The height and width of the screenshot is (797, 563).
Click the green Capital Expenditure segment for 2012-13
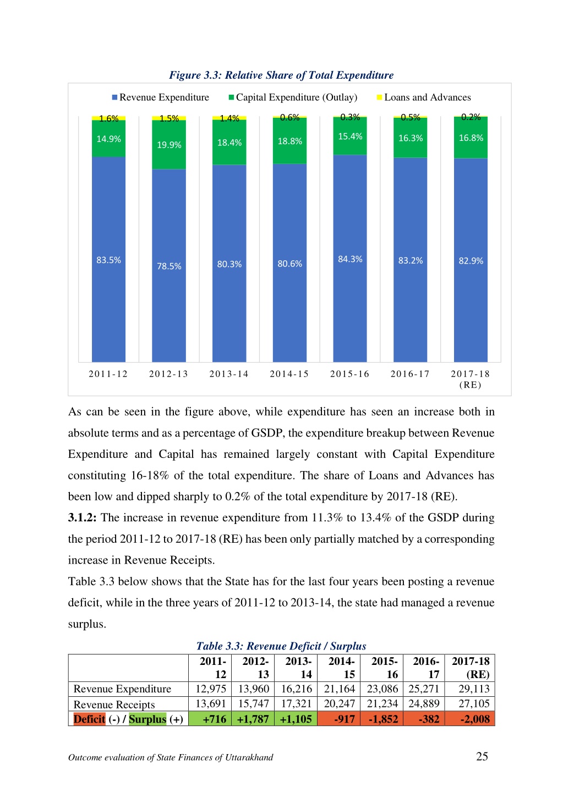tap(168, 144)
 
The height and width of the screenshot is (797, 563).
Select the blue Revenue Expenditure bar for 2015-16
tap(349, 258)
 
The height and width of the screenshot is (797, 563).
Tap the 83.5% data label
tap(108, 260)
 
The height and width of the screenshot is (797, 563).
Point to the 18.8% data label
tap(289, 141)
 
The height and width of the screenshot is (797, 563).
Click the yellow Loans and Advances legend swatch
tap(380, 97)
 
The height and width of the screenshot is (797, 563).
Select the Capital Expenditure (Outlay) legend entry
tap(293, 97)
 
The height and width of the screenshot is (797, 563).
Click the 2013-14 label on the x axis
tap(229, 374)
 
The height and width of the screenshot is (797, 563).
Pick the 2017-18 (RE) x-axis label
tap(470, 379)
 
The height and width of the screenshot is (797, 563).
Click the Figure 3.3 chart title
tap(281, 75)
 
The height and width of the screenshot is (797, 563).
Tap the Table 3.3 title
tap(281, 646)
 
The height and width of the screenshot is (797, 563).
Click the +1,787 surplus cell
tap(253, 719)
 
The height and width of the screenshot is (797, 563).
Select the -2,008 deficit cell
tap(469, 719)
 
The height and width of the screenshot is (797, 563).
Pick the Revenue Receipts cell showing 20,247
tap(339, 703)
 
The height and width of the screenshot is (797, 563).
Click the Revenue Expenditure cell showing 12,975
tap(211, 689)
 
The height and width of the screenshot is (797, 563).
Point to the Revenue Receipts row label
tap(114, 705)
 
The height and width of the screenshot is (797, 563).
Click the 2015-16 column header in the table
tap(384, 668)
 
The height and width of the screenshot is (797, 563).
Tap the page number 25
tap(482, 757)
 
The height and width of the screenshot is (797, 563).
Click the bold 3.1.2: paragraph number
tap(82, 518)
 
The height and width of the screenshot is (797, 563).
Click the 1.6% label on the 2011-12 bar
tap(108, 118)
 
